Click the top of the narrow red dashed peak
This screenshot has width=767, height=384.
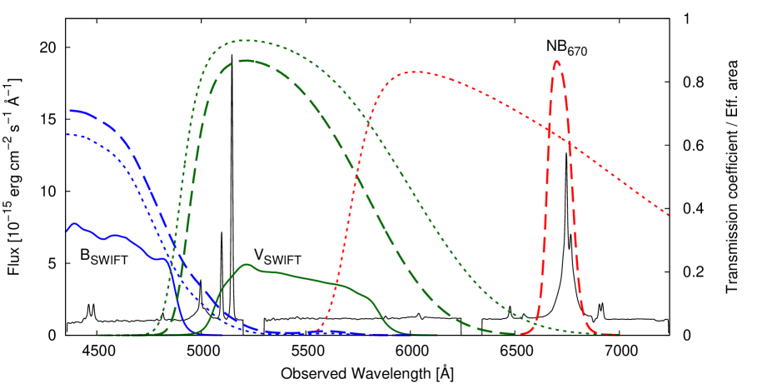pos(556,61)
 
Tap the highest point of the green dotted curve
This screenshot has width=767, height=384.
pos(247,40)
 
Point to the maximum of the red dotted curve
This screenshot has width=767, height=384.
pos(415,72)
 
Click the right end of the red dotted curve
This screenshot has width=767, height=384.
pos(668,215)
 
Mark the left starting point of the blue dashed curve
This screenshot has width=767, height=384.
pos(71,110)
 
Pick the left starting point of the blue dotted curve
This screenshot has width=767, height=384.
pos(68,134)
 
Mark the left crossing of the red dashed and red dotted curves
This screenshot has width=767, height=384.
pos(548,129)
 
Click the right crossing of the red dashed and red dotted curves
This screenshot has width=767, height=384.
pos(569,142)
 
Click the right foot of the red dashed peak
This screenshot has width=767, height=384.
pos(593,332)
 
